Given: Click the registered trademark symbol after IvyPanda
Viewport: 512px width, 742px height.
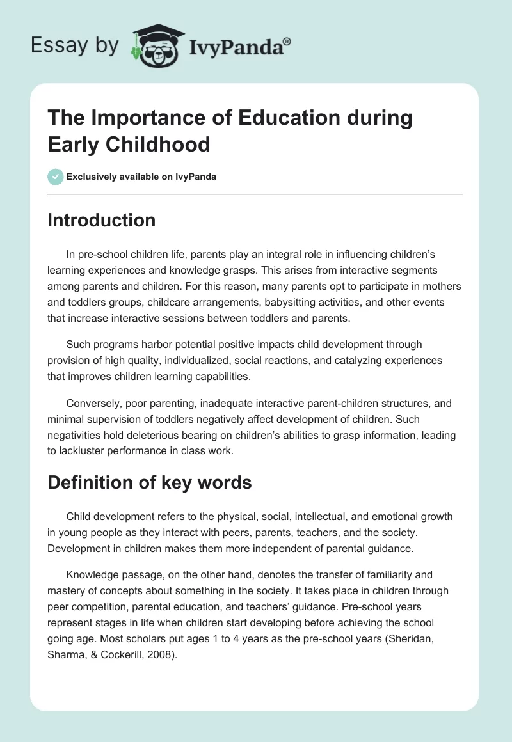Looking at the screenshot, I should point(287,42).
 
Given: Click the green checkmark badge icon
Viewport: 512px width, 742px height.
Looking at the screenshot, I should point(56,177).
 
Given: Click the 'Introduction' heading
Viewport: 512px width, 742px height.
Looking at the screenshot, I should point(102,220).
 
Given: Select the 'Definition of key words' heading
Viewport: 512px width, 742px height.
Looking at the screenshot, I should point(150,482).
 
